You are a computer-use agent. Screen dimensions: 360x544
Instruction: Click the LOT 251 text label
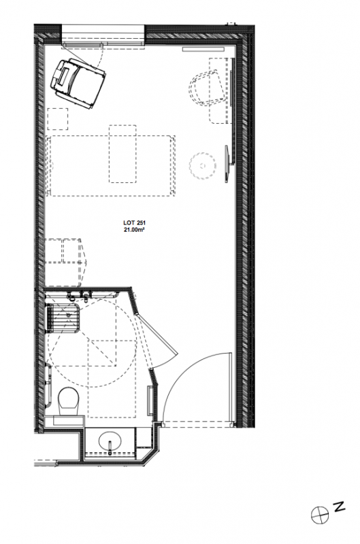pyautogui.click(x=132, y=223)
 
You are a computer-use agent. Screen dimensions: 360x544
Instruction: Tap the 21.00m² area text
pyautogui.click(x=132, y=229)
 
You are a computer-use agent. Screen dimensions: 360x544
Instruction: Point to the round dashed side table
pyautogui.click(x=202, y=165)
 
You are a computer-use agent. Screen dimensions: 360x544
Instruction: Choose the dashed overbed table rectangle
pyautogui.click(x=122, y=154)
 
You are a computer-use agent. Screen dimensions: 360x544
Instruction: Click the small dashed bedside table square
pyautogui.click(x=57, y=118)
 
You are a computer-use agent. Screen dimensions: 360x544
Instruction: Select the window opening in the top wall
pyautogui.click(x=103, y=35)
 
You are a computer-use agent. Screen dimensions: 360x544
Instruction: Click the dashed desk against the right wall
pyautogui.click(x=220, y=90)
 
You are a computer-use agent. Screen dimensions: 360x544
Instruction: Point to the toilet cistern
pyautogui.click(x=69, y=420)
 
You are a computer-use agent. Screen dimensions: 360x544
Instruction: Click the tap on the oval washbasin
pyautogui.click(x=110, y=447)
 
